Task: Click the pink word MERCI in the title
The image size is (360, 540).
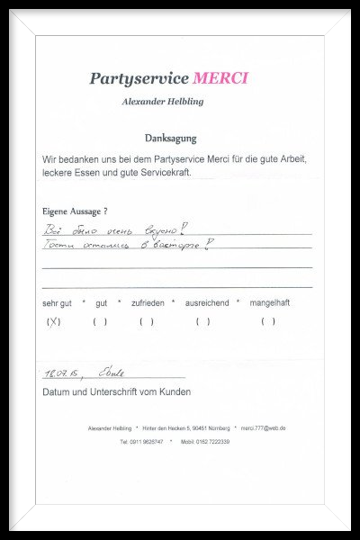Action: tap(220, 78)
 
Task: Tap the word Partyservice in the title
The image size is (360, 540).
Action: tap(139, 79)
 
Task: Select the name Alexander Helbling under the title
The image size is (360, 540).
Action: tap(162, 102)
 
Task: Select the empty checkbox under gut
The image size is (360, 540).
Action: tap(100, 321)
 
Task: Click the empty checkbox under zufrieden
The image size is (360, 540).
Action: tap(147, 321)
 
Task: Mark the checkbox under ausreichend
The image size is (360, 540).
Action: tap(203, 321)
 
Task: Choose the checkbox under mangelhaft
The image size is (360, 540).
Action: tap(268, 321)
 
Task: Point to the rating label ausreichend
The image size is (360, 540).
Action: tap(207, 303)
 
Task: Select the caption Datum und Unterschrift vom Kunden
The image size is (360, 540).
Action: tap(116, 392)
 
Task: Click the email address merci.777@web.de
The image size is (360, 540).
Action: tap(264, 428)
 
